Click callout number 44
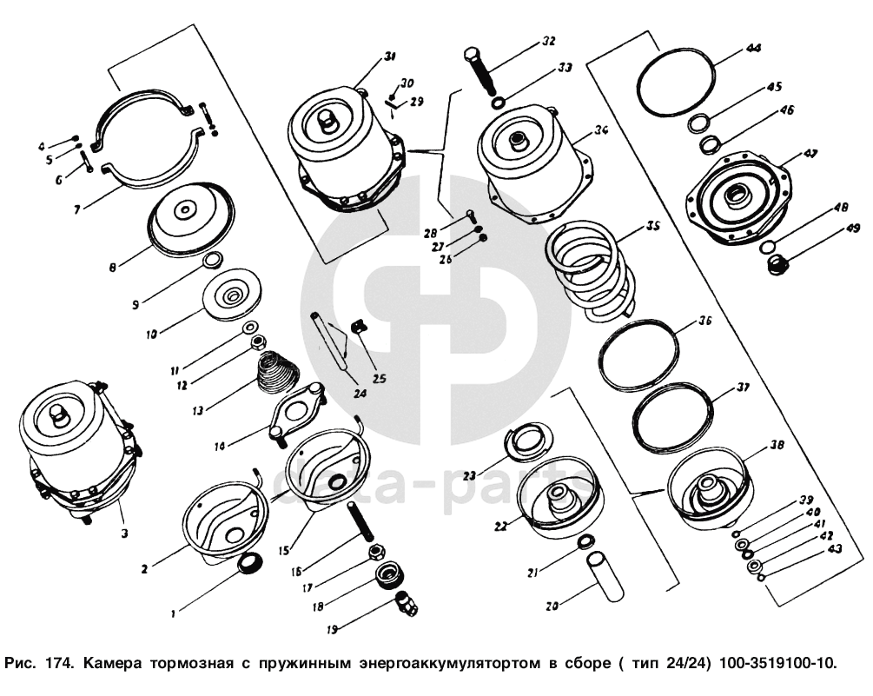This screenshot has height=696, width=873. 753,49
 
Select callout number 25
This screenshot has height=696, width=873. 379,379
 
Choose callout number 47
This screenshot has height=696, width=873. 810,154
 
